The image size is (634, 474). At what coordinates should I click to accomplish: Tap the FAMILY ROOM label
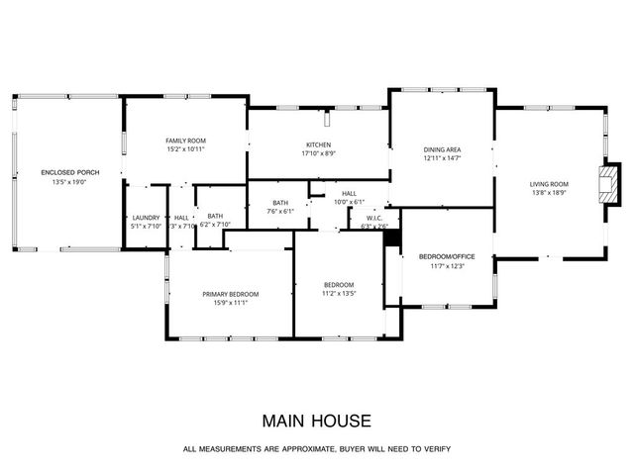tap(185, 141)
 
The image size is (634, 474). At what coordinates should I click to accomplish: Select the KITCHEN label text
tap(318, 144)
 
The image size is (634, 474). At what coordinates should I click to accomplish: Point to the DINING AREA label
tap(442, 149)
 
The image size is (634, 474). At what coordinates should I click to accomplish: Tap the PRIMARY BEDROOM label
tap(231, 294)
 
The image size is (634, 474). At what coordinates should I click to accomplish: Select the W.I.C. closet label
tap(374, 218)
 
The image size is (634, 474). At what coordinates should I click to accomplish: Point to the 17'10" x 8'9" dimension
tap(318, 153)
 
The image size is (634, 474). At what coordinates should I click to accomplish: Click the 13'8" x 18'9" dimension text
tap(548, 193)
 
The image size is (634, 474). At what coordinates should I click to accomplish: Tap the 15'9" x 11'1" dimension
tap(231, 303)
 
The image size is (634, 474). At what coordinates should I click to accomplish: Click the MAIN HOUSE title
tap(316, 421)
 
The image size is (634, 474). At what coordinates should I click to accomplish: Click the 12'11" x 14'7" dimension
tap(442, 158)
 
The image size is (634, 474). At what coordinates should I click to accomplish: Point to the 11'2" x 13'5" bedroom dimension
tap(339, 294)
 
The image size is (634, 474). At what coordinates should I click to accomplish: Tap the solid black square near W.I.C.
tap(391, 237)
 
